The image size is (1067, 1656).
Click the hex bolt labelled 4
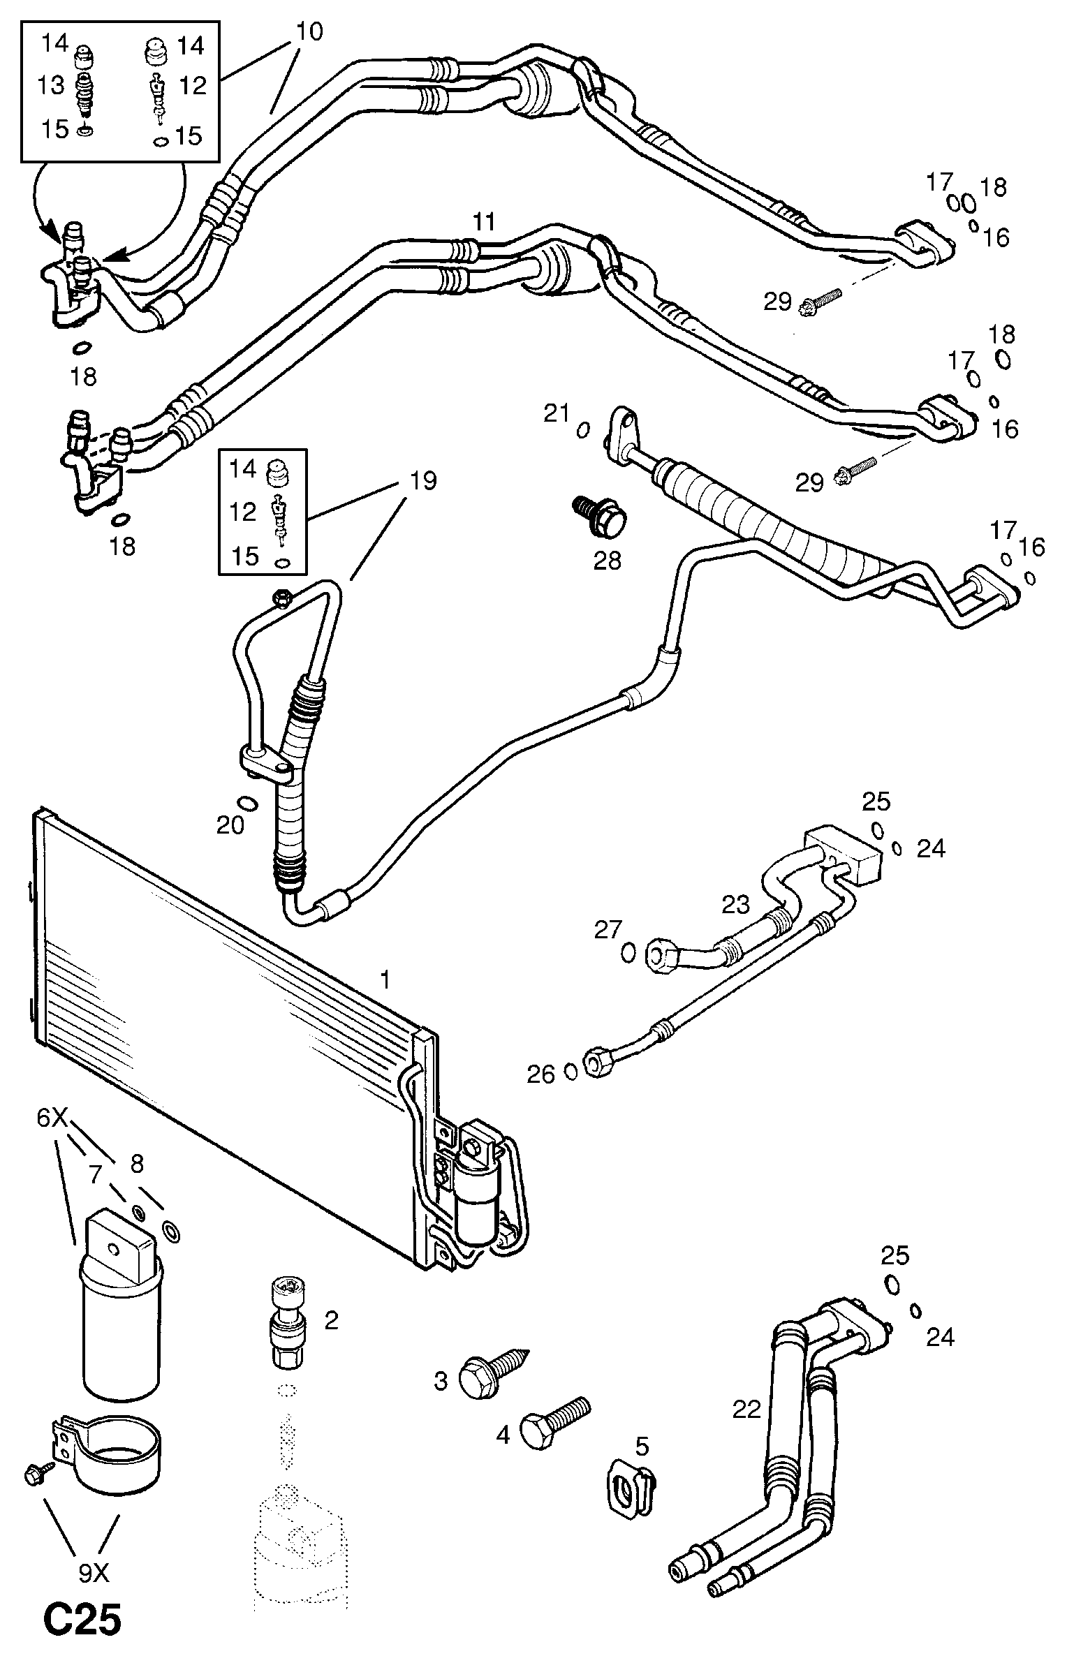[556, 1421]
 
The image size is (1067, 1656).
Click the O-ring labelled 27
[628, 951]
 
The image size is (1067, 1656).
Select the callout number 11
[483, 222]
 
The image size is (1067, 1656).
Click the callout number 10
[309, 32]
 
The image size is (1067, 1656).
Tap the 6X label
[52, 1139]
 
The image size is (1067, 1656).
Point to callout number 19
[423, 481]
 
